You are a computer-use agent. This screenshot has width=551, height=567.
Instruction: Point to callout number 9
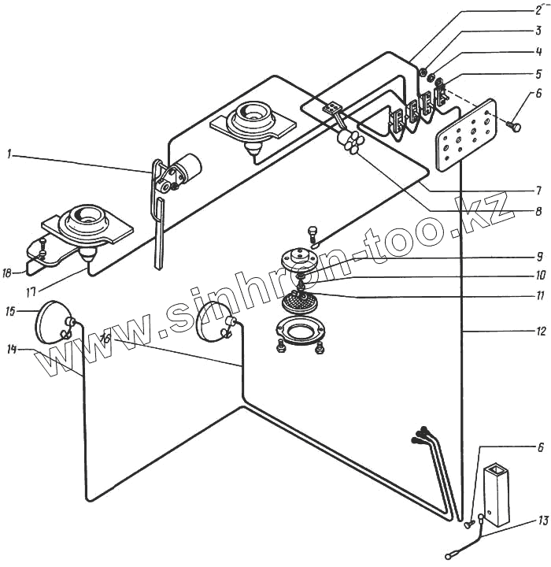[539, 256]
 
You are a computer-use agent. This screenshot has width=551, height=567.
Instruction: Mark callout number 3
[539, 31]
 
